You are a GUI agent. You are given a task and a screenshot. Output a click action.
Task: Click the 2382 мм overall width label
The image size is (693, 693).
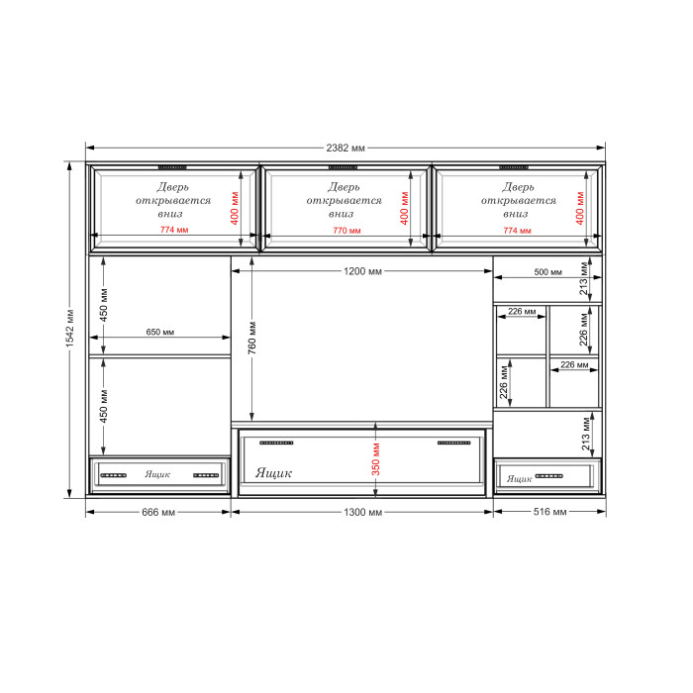[346, 148]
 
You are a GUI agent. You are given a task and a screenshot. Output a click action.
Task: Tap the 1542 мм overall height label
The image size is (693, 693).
[70, 328]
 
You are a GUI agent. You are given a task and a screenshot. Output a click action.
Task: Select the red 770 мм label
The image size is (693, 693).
[346, 231]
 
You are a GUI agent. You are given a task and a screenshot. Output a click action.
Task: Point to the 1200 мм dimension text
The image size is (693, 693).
[362, 271]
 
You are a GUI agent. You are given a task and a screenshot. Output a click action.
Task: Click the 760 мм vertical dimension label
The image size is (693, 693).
[251, 338]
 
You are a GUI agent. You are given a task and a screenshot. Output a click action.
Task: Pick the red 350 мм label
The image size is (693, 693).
[375, 459]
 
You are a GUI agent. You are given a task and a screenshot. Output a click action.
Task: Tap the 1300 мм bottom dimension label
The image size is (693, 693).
[363, 512]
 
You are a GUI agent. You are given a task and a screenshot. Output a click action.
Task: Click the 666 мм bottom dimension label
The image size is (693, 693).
[158, 512]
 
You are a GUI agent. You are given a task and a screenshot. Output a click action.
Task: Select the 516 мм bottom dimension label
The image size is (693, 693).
[549, 512]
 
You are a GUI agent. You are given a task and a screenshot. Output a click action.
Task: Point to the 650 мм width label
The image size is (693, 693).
[160, 332]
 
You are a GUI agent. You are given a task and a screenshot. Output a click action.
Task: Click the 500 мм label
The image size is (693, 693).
[548, 272]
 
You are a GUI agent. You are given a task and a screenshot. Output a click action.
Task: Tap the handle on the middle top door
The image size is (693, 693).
[343, 167]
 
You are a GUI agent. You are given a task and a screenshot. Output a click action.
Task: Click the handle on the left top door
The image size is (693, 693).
[172, 167]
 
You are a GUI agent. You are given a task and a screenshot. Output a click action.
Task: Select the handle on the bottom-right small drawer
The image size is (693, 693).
[548, 476]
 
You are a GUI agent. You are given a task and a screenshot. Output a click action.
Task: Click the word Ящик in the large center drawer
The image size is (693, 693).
[273, 473]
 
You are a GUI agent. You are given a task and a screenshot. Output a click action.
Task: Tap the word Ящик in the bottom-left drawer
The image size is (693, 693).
[157, 474]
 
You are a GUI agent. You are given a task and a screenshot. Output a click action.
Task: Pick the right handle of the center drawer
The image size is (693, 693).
[453, 443]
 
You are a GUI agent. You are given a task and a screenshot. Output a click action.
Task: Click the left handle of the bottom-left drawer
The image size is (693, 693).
[114, 475]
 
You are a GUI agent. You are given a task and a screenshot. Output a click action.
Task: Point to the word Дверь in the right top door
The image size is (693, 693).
[518, 187]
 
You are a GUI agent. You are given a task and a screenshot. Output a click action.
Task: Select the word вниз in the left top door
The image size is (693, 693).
[170, 214]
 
